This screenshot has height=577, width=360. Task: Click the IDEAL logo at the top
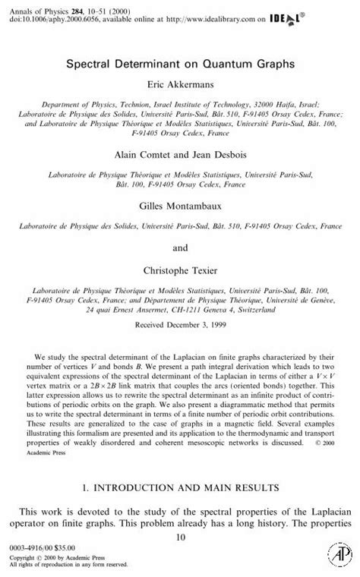[x=328, y=13]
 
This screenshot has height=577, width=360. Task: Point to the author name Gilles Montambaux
[x=180, y=206]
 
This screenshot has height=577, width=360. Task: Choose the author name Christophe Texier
[x=180, y=270]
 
